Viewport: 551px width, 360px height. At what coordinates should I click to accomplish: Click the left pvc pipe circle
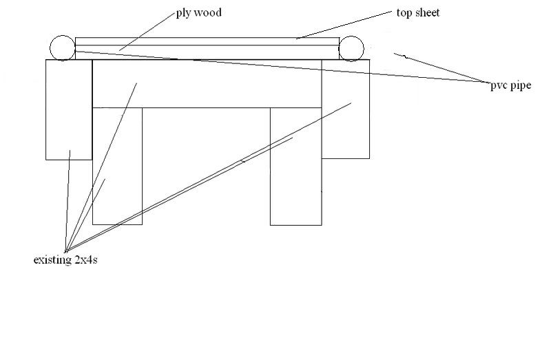click(61, 47)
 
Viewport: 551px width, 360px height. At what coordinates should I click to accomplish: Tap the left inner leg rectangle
click(117, 165)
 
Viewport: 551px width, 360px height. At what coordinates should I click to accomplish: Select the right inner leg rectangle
click(295, 165)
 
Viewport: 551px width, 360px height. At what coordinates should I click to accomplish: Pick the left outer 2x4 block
click(68, 109)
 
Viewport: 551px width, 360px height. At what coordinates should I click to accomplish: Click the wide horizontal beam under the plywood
click(207, 84)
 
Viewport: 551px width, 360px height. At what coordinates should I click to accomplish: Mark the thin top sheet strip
click(207, 41)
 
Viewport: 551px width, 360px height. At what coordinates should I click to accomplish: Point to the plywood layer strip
click(207, 52)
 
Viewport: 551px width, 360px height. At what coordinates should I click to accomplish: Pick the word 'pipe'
click(519, 86)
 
